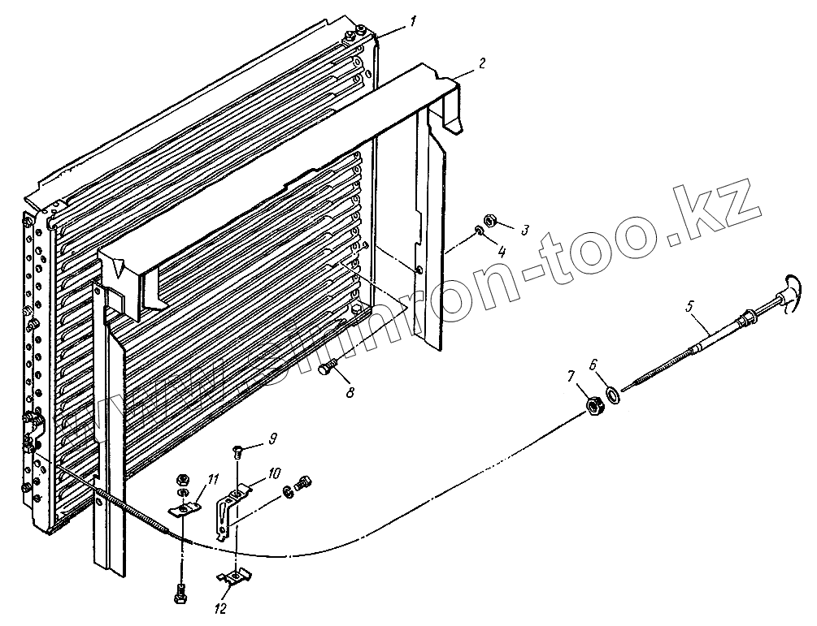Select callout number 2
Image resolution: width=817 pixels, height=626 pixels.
[x=482, y=62]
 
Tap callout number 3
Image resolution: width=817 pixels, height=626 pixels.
[x=525, y=231]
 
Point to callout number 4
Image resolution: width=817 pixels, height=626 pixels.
[x=502, y=253]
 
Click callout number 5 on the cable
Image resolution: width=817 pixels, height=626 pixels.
[x=689, y=307]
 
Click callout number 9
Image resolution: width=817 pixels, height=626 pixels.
[x=273, y=438]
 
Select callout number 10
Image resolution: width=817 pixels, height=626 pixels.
[x=274, y=473]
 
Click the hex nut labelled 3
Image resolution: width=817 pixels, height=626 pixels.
[x=491, y=219]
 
